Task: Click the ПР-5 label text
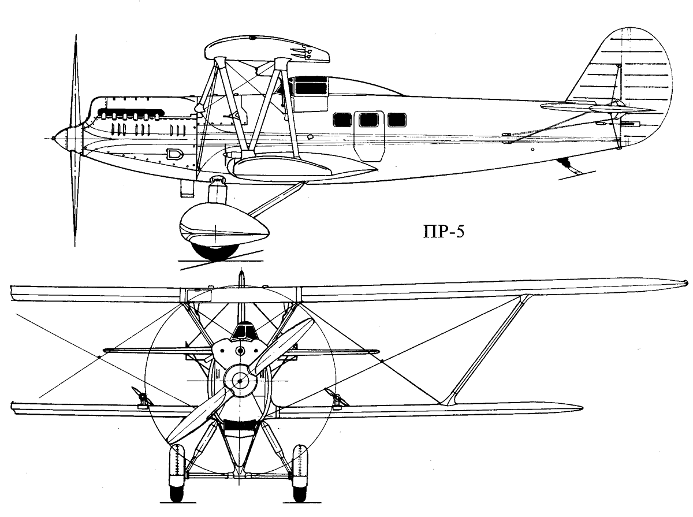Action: [444, 232]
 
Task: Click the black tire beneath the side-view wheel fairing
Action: [215, 252]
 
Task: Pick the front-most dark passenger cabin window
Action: [342, 120]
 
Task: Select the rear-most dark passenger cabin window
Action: [397, 120]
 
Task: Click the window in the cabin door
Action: [369, 120]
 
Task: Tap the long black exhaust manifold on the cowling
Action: [131, 111]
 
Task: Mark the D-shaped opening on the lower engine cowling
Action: [174, 154]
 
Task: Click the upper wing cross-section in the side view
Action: [267, 49]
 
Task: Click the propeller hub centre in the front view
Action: [240, 381]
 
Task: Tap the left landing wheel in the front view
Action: [177, 473]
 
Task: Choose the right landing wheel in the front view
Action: [300, 473]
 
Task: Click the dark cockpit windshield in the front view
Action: [243, 331]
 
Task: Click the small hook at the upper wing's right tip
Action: [685, 282]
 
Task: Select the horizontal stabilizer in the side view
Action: [597, 108]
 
